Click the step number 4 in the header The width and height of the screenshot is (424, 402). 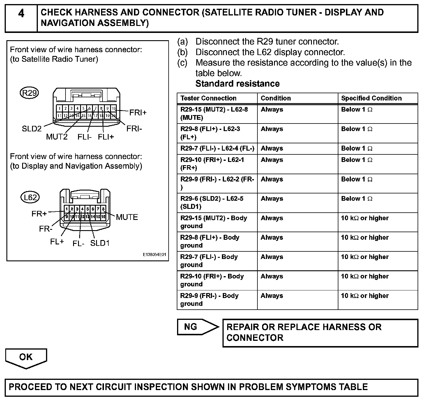(21, 14)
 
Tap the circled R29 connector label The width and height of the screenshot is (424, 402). (29, 93)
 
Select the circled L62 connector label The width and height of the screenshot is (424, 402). (30, 198)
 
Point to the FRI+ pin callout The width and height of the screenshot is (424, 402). (138, 112)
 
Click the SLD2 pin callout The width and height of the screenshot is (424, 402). (32, 128)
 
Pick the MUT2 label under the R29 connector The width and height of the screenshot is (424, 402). (57, 137)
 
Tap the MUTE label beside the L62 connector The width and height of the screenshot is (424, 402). (127, 217)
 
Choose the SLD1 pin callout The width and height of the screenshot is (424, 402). (100, 243)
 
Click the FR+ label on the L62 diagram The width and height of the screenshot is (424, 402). (39, 214)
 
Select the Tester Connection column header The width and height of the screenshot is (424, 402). (208, 98)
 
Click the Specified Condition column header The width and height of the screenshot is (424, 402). (371, 98)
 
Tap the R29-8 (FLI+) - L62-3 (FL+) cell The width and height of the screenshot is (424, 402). (210, 133)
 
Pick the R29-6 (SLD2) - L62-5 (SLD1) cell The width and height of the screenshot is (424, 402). (212, 202)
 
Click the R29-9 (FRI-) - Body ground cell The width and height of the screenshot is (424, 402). (209, 299)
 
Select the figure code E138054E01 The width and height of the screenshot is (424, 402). (154, 255)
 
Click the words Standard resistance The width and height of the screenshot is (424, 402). (237, 84)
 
